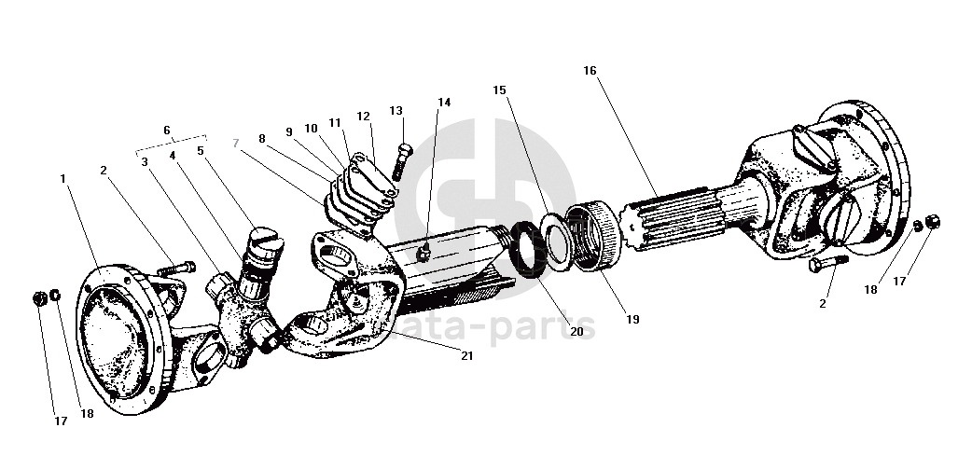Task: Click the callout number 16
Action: pos(590,71)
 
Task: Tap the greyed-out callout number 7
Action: pos(236,143)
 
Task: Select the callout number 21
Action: pos(466,355)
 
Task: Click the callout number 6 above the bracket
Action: pos(167,131)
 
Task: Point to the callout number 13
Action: pos(396,110)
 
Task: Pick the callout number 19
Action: pos(632,320)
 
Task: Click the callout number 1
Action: pos(62,178)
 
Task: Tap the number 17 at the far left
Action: pos(60,421)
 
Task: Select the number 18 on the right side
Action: pos(871,289)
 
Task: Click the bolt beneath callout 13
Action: pos(400,161)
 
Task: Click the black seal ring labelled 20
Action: pos(529,249)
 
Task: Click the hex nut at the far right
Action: pos(932,221)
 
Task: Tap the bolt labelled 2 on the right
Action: pos(828,263)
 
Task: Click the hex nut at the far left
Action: pos(40,298)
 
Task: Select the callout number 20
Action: pos(576,331)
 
